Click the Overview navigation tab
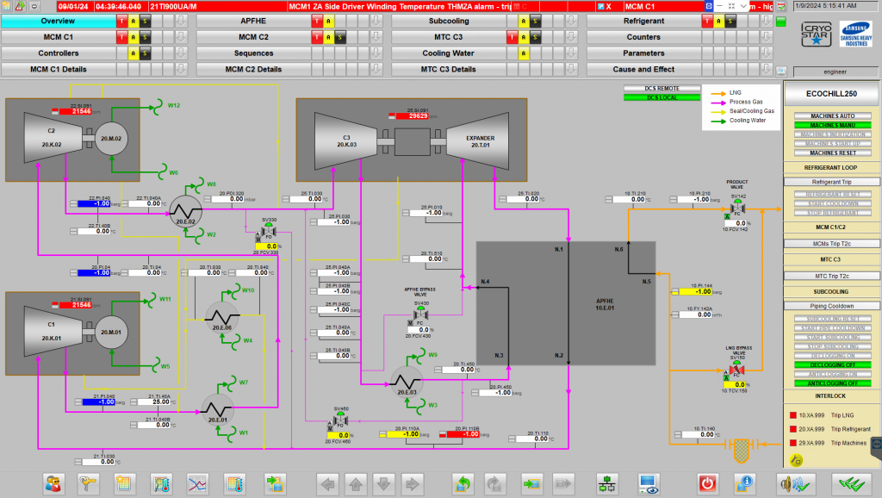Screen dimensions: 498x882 click(x=58, y=21)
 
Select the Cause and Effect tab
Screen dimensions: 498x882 click(x=643, y=69)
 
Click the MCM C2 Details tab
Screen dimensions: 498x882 click(x=253, y=69)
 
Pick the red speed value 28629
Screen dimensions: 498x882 click(x=417, y=116)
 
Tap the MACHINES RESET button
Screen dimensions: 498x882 click(x=832, y=153)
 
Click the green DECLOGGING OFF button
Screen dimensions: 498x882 click(x=832, y=364)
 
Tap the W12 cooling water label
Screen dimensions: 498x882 click(x=173, y=105)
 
